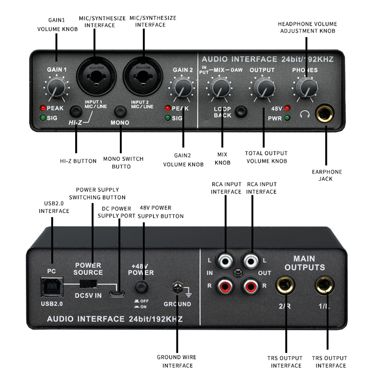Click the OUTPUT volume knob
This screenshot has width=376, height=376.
262,88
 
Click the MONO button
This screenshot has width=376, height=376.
120,111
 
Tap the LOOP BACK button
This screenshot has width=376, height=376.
243,111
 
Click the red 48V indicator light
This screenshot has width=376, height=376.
287,108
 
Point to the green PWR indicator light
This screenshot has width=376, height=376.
287,118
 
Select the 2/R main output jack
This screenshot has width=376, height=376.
285,286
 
